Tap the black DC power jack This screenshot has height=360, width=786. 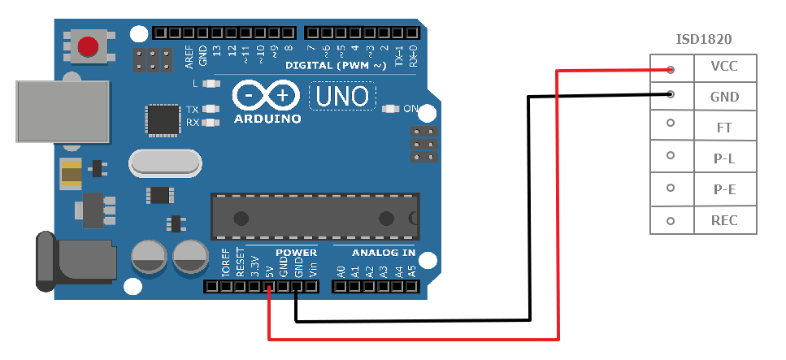(x=62, y=261)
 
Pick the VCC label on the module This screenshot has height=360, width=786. (x=724, y=67)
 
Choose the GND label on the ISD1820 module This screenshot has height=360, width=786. (x=724, y=98)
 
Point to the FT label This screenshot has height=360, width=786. (x=724, y=128)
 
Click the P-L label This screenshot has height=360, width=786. (x=724, y=159)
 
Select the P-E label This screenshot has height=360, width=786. (x=724, y=190)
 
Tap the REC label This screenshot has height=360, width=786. (x=724, y=221)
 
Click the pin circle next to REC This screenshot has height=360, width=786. (x=671, y=221)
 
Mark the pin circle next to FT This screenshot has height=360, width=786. (x=671, y=124)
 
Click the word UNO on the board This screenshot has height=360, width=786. (x=342, y=97)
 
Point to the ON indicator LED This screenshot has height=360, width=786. (x=391, y=109)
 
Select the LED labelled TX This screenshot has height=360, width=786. (x=213, y=109)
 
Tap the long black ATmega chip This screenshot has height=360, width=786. (x=315, y=217)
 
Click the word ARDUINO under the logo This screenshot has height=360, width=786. (x=267, y=119)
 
